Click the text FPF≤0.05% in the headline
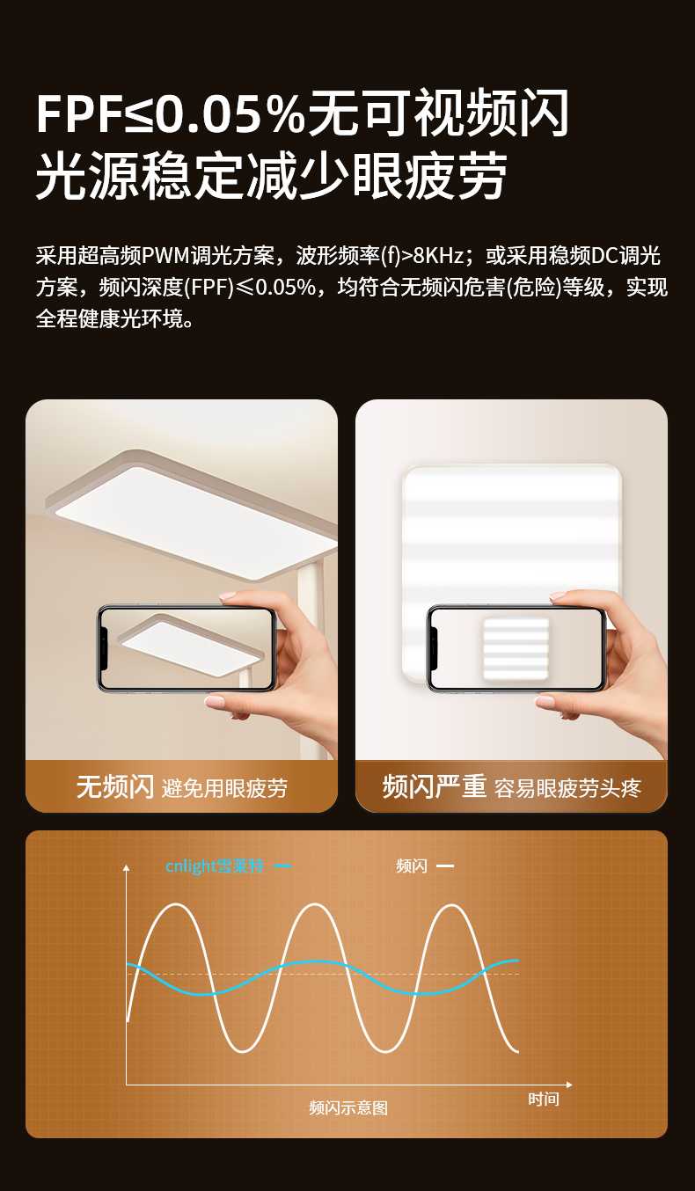[x=170, y=113]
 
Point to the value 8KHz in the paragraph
[x=439, y=256]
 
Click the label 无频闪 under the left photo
[x=115, y=787]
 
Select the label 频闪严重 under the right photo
[x=435, y=787]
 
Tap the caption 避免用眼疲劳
[x=224, y=788]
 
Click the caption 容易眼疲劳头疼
[x=567, y=788]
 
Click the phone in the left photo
[x=187, y=648]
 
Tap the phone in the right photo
[x=516, y=648]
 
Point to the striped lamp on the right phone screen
[x=516, y=648]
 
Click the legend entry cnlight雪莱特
[x=215, y=866]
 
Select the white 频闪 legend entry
[x=412, y=866]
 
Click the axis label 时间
[x=544, y=1100]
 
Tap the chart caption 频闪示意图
[x=348, y=1108]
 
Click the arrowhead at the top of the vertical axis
[x=126, y=867]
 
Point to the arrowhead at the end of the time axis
[x=569, y=1085]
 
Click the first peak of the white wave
[x=176, y=904]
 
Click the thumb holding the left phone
[x=239, y=598]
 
